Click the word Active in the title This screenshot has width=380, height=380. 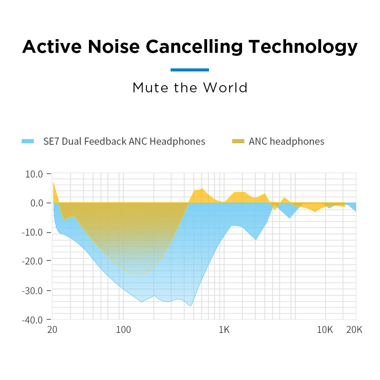click(x=51, y=47)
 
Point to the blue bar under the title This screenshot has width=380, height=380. click(x=190, y=70)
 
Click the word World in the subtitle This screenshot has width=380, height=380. click(x=225, y=88)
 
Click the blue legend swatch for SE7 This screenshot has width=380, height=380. click(x=28, y=141)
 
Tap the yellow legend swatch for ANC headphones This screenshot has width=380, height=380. click(x=238, y=141)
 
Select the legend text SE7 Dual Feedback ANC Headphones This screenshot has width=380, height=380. click(x=124, y=141)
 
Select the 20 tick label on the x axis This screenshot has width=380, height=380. click(x=52, y=329)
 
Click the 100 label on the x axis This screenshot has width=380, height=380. click(x=123, y=329)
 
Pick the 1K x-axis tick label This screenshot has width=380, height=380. click(x=224, y=329)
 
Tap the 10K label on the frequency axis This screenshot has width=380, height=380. click(x=325, y=329)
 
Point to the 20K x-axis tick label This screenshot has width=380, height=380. click(x=354, y=329)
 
